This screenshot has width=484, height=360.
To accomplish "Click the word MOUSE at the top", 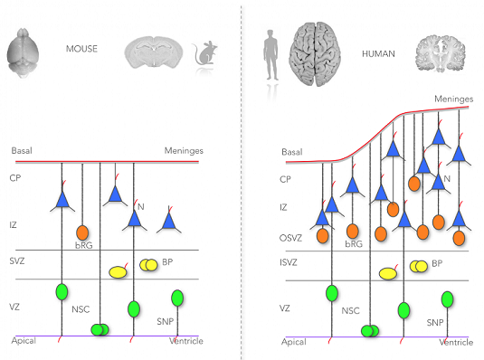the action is click(81, 49).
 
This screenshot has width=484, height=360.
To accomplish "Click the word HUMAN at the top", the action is click(378, 54).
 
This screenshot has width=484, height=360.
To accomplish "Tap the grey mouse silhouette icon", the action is click(204, 52).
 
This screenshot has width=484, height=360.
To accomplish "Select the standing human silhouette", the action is click(270, 55).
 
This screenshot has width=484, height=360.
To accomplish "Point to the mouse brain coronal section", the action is click(154, 52).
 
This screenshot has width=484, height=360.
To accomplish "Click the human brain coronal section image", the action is click(441, 53).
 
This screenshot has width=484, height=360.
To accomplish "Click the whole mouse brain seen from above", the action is click(23, 52).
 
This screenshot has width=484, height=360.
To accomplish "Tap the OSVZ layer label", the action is click(290, 238).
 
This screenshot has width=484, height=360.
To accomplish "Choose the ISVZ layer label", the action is click(289, 262).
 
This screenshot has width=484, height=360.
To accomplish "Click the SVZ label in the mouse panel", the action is click(17, 261).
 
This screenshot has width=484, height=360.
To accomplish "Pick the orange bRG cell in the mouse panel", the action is click(82, 232).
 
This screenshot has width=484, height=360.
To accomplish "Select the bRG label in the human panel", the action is click(354, 244).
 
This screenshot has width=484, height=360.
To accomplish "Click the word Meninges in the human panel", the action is click(454, 99).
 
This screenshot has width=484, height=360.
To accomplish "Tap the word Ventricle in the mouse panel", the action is click(186, 341).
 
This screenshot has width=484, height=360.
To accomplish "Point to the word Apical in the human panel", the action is click(293, 342).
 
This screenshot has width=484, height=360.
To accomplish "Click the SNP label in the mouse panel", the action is click(166, 321).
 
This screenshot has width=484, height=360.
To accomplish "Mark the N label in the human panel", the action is click(447, 179).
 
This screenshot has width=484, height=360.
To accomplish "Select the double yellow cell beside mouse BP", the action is click(148, 265).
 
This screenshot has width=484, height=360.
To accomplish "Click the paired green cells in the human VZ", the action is click(370, 331).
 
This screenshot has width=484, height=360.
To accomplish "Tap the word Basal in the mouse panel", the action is click(22, 151).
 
